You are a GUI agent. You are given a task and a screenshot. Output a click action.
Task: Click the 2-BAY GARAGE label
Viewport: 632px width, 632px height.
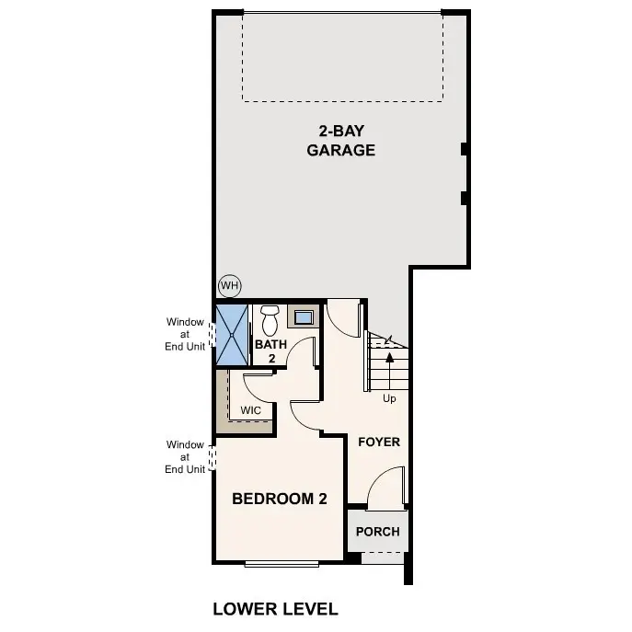pos(340,141)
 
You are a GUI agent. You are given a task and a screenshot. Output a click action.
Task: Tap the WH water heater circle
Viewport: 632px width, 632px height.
pos(229,286)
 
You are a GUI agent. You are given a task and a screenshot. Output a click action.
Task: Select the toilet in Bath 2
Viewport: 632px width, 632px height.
pos(270,321)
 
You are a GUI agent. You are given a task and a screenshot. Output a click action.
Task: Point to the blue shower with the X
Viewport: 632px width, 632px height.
pos(231,336)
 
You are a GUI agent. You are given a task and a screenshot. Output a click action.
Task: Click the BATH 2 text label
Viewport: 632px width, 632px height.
pos(271,351)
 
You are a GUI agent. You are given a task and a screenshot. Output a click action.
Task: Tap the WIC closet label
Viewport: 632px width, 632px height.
pos(250,410)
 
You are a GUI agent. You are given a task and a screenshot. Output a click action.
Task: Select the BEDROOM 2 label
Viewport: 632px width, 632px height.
pos(280,499)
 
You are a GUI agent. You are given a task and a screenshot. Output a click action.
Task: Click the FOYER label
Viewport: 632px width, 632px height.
pos(379,442)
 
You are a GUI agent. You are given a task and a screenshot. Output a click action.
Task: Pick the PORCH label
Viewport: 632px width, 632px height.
pos(378,532)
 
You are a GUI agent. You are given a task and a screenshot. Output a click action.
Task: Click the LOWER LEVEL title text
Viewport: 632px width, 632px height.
pos(275,608)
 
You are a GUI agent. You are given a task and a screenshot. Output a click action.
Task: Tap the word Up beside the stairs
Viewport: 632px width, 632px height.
pos(390,399)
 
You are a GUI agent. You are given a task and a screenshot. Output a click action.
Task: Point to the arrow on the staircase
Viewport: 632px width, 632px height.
pos(389,359)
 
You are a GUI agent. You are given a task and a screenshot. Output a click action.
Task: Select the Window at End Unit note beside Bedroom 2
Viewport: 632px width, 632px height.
pos(185,457)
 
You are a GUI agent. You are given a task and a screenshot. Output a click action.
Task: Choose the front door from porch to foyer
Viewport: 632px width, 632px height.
pos(385,488)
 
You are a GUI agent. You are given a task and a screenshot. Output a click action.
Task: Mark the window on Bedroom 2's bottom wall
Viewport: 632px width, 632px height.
pos(285,563)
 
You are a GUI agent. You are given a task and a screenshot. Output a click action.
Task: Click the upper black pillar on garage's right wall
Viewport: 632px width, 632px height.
pos(465,149)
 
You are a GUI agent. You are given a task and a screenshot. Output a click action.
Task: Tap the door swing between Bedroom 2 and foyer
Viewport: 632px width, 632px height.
pos(306,416)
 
